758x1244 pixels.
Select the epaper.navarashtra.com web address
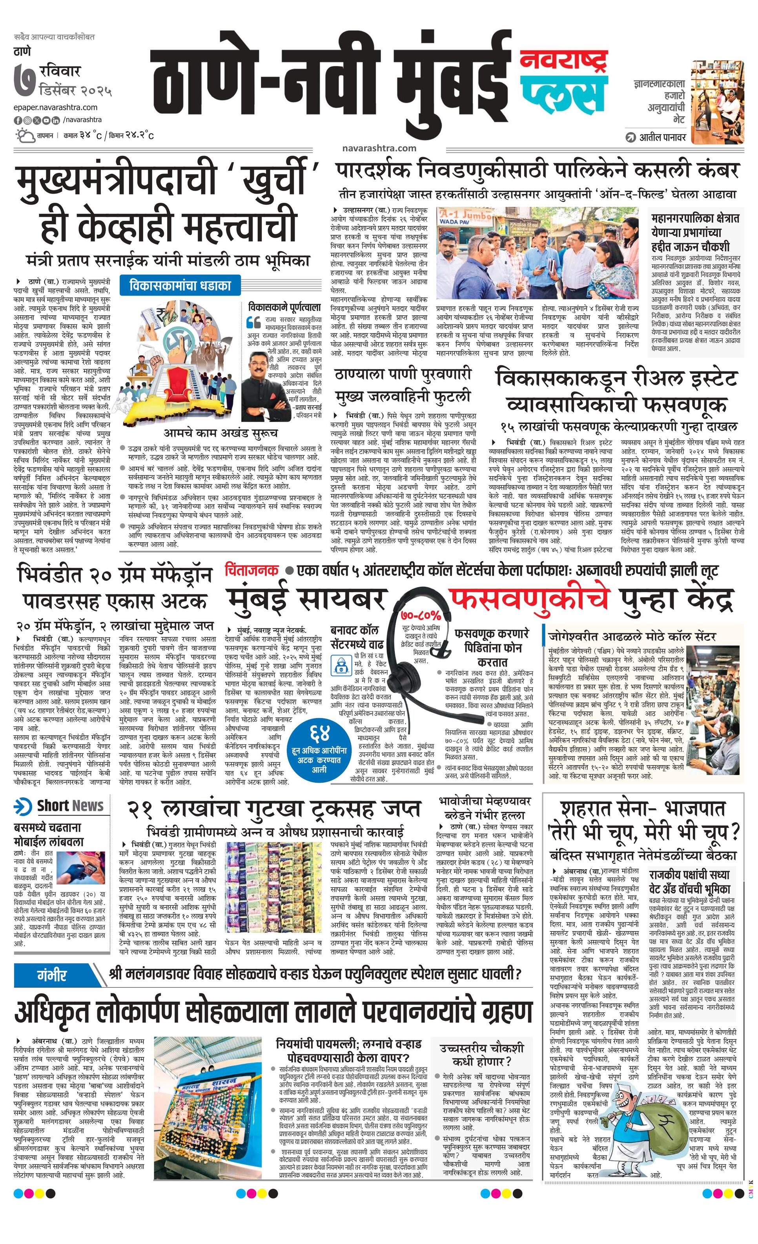[56, 107]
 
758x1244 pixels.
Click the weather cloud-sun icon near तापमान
[23, 135]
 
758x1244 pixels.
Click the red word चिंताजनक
[252, 571]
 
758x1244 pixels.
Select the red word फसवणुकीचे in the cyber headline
[530, 599]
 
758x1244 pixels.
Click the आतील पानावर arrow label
[656, 137]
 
